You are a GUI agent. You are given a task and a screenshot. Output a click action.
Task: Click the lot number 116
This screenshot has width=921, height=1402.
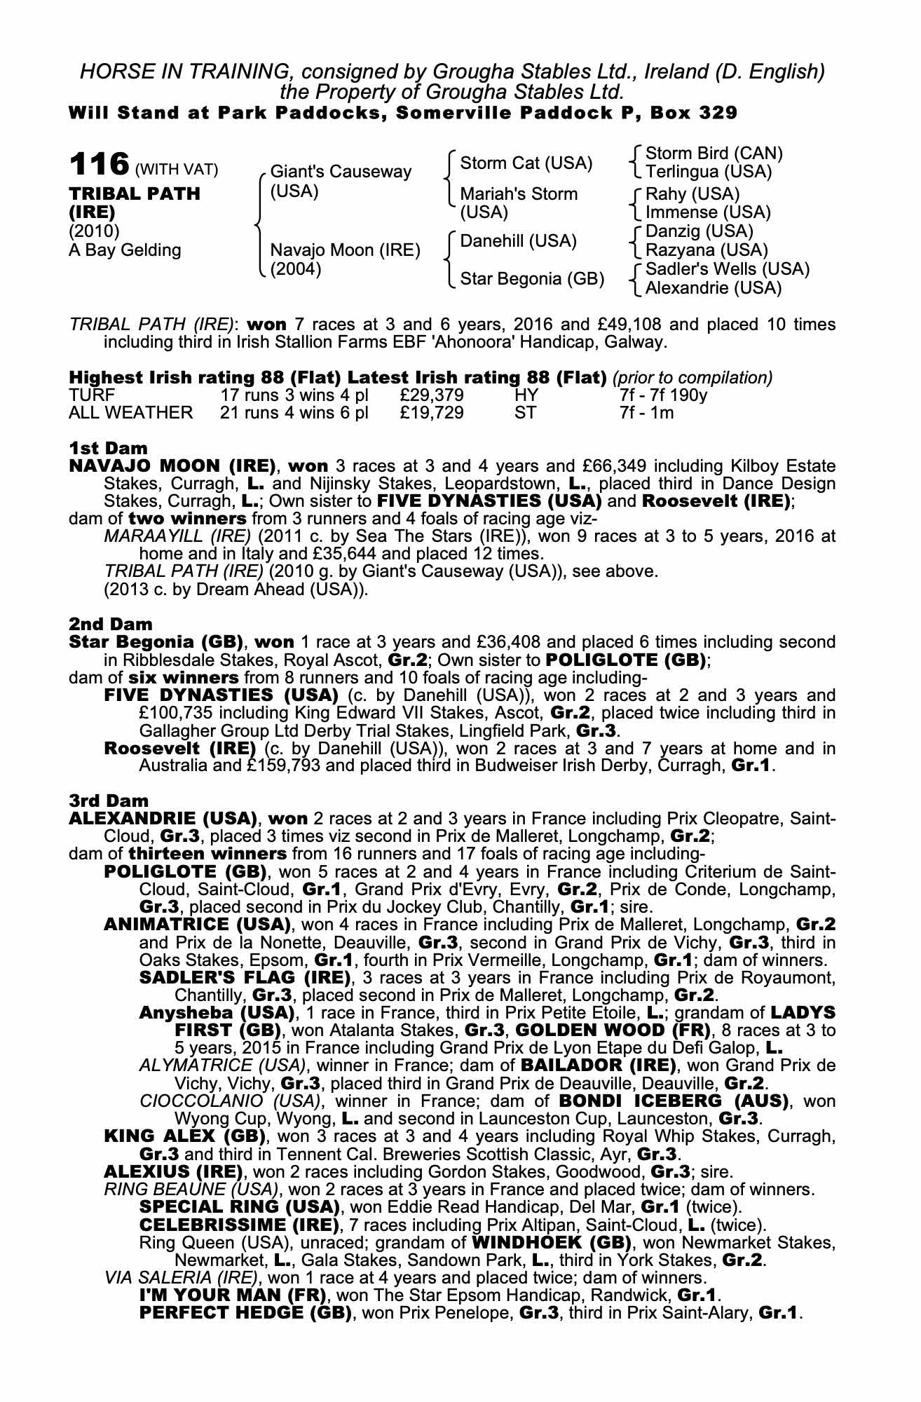click(99, 165)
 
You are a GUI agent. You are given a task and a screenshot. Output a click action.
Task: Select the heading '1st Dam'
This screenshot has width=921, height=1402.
click(108, 448)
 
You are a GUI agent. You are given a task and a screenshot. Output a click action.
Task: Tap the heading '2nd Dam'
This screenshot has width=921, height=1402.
click(110, 623)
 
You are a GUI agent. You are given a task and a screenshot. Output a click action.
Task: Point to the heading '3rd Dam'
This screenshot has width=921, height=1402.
click(109, 800)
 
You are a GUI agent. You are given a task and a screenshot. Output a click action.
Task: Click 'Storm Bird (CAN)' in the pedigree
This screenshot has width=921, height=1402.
click(714, 154)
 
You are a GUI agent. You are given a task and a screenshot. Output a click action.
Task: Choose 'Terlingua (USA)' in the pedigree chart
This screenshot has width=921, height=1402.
click(708, 172)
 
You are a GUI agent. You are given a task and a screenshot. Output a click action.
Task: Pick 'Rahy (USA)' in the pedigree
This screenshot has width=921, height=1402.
click(692, 193)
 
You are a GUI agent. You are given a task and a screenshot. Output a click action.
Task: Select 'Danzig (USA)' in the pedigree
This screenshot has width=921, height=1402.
click(699, 231)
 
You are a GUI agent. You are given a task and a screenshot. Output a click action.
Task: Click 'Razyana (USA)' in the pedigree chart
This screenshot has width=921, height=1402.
click(706, 250)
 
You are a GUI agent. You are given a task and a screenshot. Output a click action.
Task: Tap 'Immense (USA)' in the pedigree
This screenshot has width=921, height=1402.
click(707, 212)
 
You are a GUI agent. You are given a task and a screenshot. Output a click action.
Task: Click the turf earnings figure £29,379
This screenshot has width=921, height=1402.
click(432, 395)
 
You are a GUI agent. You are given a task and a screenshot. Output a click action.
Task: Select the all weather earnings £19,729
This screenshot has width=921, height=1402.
click(432, 413)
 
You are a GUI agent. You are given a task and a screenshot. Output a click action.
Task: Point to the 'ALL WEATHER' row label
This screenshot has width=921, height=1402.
click(130, 413)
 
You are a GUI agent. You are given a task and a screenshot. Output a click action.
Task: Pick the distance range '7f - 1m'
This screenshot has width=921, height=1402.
click(646, 413)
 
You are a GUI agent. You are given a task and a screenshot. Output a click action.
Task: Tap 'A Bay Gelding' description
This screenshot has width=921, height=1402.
click(124, 250)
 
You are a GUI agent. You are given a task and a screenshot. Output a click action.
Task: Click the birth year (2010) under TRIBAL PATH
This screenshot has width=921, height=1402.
click(94, 231)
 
